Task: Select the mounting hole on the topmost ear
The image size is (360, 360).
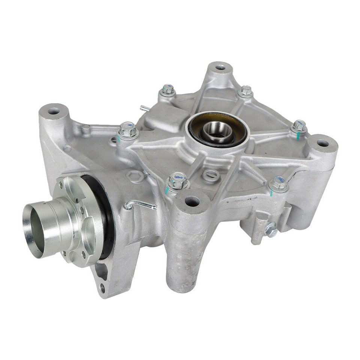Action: coord(220,67)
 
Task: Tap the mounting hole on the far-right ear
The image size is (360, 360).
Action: coord(322,143)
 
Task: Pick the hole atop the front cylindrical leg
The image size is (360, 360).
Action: coord(192,201)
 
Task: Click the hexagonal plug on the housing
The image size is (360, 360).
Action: coord(134,175)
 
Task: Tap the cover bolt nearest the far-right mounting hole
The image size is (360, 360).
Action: coord(299,126)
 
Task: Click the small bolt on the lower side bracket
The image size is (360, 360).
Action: coord(271,229)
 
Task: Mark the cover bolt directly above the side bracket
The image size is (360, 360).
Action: coord(278,184)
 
